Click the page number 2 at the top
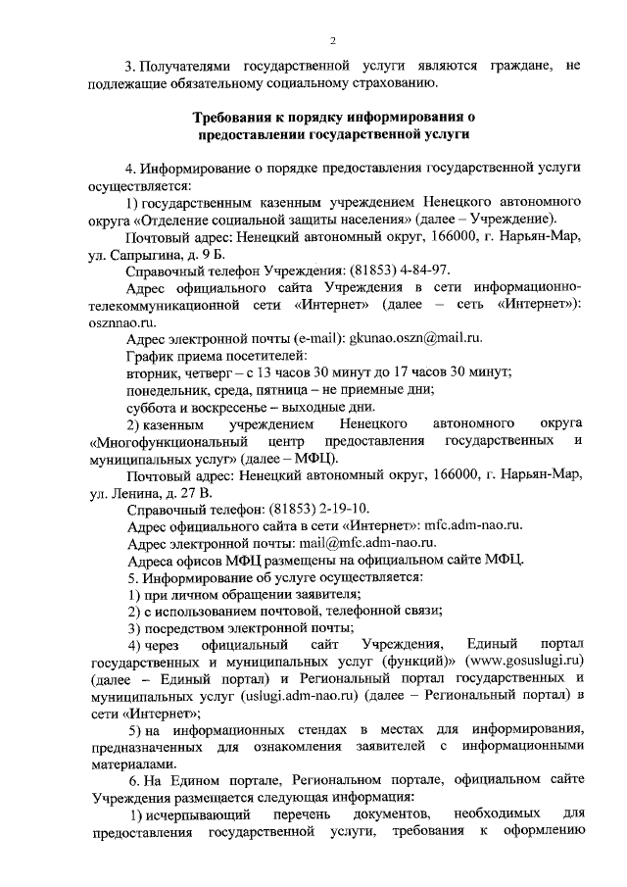click(x=332, y=40)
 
